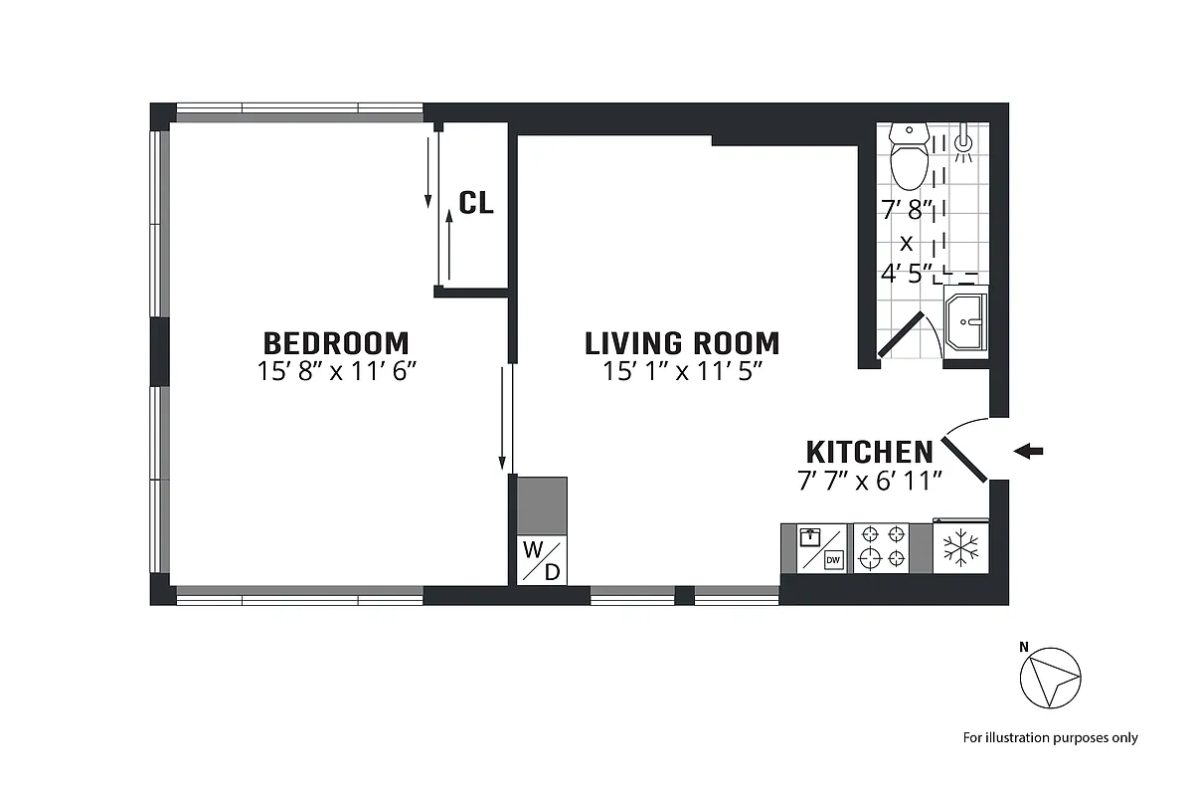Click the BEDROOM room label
click(336, 343)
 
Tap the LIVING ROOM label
click(682, 343)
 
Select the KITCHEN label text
click(869, 452)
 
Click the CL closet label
click(476, 203)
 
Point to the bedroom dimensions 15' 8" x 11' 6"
click(336, 372)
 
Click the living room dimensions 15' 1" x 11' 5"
click(682, 372)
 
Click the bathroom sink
click(965, 318)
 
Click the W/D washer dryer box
click(542, 560)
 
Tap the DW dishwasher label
click(833, 560)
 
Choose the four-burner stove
click(883, 547)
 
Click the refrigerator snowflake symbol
click(960, 548)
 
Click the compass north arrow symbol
click(1050, 679)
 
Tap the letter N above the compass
click(1024, 647)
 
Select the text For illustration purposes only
click(1050, 737)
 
